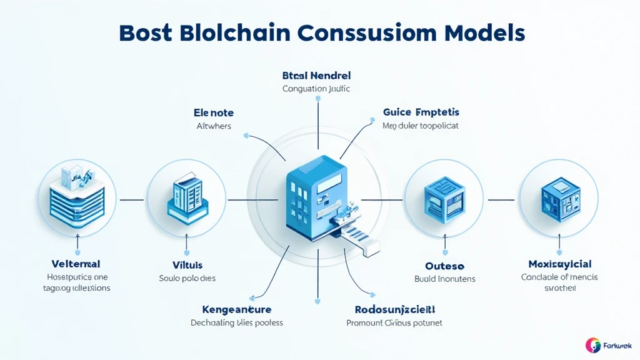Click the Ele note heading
(x=214, y=113)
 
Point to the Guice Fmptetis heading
(x=421, y=112)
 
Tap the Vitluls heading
(x=187, y=265)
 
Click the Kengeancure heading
(x=236, y=309)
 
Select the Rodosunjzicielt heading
(x=394, y=309)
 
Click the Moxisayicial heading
(x=559, y=264)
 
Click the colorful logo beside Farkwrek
(x=592, y=345)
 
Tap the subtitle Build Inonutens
(x=444, y=279)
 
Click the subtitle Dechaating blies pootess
(x=236, y=323)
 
